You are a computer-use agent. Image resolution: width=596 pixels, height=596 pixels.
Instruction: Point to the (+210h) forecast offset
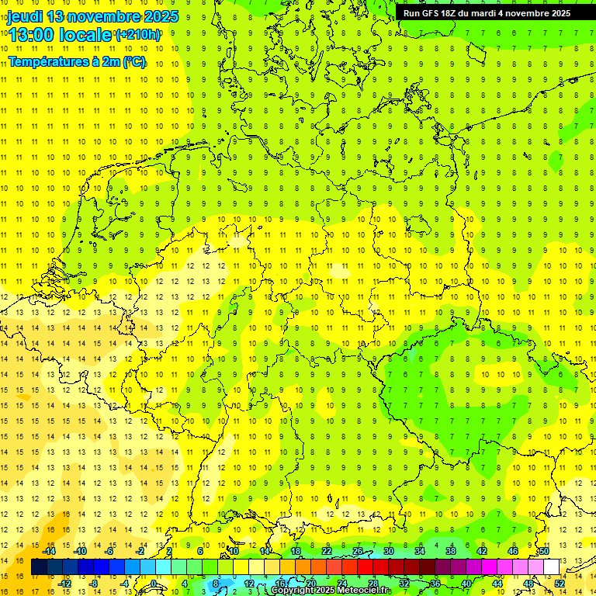138,35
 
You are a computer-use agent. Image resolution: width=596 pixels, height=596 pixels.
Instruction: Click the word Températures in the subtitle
46,61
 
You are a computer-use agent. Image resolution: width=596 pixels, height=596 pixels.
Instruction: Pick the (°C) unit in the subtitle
133,61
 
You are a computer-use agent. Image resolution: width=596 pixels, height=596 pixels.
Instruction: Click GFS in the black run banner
435,13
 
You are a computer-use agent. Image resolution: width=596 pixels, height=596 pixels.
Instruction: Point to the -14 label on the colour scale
49,551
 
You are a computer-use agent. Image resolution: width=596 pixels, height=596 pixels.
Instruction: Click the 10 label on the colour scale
233,551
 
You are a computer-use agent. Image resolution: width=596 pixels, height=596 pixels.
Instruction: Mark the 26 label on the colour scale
358,551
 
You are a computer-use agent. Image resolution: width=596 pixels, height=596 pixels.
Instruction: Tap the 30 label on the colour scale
389,551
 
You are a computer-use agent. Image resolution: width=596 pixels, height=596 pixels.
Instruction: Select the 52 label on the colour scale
560,584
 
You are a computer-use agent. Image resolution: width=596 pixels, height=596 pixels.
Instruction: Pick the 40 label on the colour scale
466,584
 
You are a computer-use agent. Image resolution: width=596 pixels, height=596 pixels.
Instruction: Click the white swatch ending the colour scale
552,567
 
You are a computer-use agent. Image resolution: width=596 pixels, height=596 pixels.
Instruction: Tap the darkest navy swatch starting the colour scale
39,567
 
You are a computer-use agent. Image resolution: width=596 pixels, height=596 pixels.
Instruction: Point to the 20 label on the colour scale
310,584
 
